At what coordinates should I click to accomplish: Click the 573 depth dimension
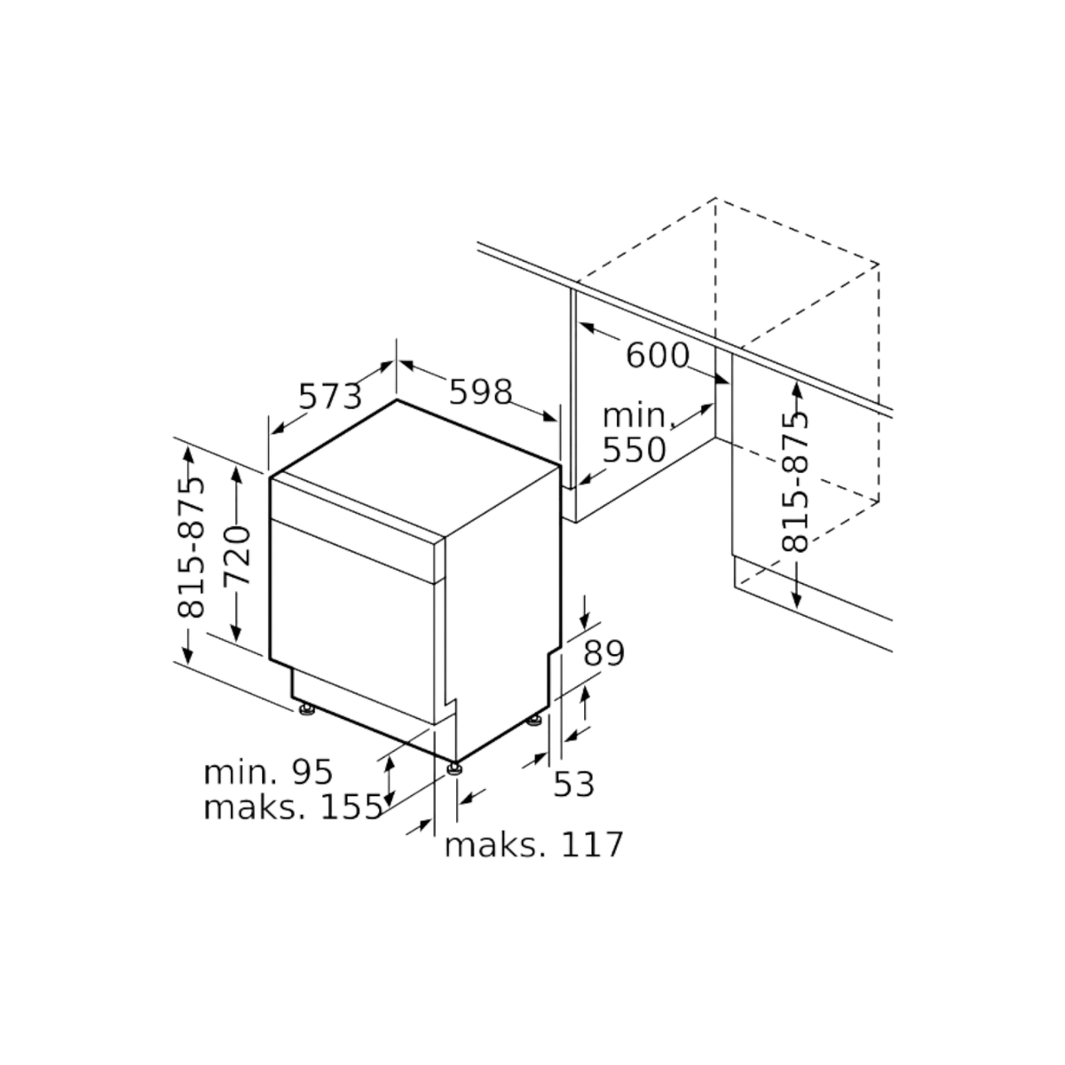pos(330,396)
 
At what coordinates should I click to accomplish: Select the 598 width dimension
pos(480,392)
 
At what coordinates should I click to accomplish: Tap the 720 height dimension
pos(237,556)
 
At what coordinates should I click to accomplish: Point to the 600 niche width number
pos(658,355)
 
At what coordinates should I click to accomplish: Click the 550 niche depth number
pos(634,450)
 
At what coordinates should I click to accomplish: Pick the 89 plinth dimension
pos(604,653)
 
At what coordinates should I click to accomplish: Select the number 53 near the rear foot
pos(574,784)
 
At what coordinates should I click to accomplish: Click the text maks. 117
pos(534,845)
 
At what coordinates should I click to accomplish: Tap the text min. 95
pos(269,772)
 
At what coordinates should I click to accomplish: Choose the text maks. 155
pos(294,808)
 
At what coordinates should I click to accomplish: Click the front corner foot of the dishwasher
pos(454,769)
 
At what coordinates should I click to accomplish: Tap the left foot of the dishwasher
pos(306,710)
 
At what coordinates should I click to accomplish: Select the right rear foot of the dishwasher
pos(534,720)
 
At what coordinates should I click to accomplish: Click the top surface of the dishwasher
pos(415,468)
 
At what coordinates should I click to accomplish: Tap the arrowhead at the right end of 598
pos(550,417)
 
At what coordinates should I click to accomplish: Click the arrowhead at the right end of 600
pos(722,379)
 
